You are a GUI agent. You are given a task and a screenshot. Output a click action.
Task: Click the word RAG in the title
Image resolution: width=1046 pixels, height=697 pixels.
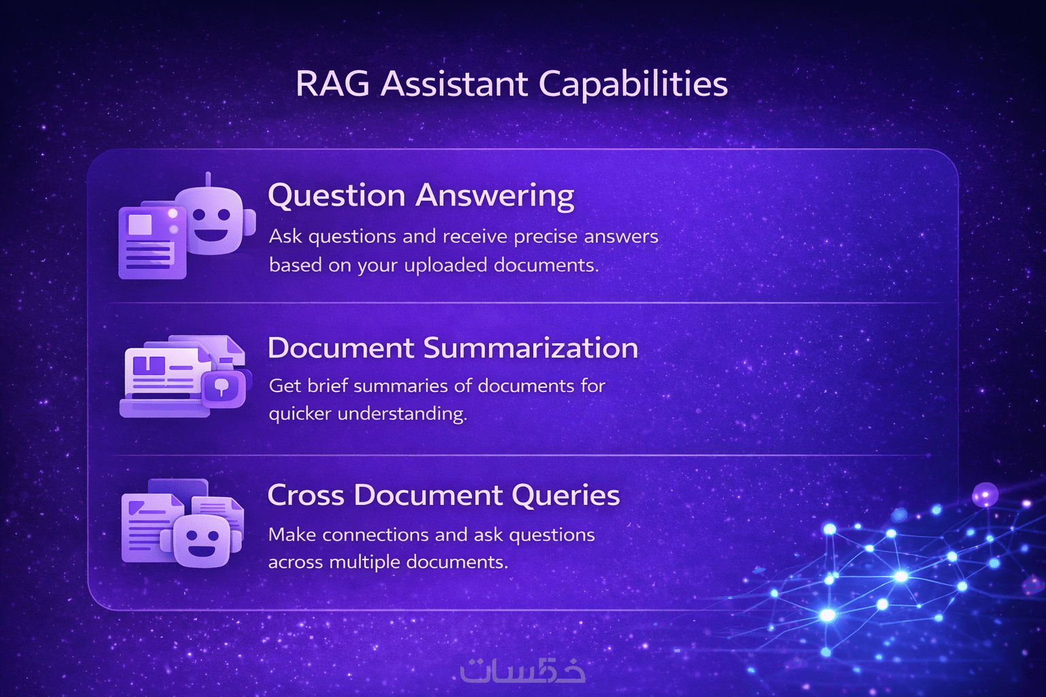pyautogui.click(x=332, y=84)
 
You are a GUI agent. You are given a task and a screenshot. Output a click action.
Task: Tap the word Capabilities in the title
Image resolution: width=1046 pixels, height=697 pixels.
pyautogui.click(x=633, y=86)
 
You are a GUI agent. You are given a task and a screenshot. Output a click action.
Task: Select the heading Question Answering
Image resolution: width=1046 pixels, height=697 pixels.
pyautogui.click(x=421, y=196)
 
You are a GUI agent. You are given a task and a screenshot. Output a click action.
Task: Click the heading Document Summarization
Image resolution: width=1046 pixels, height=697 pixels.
pyautogui.click(x=452, y=348)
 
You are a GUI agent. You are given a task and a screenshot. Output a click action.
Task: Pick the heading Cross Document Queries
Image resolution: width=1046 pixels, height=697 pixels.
pyautogui.click(x=443, y=496)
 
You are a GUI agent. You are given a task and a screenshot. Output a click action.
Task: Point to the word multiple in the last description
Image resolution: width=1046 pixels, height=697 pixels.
pyautogui.click(x=363, y=562)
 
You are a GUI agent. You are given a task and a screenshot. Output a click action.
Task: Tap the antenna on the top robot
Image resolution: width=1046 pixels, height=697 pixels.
pyautogui.click(x=208, y=180)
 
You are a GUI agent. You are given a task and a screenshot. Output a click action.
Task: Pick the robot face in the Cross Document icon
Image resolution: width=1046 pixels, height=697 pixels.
pyautogui.click(x=202, y=541)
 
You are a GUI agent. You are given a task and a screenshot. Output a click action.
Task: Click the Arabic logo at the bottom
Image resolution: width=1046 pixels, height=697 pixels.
pyautogui.click(x=522, y=670)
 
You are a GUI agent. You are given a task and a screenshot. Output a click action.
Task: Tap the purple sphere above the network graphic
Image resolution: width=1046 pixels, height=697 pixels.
pyautogui.click(x=985, y=495)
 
